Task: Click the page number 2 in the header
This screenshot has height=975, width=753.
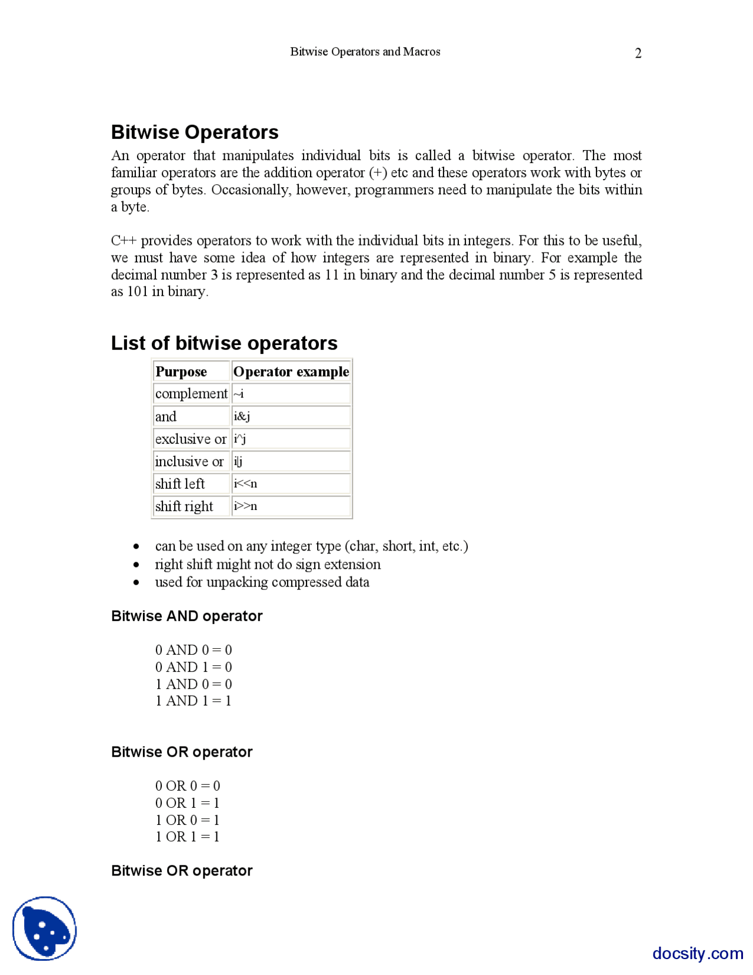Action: [638, 54]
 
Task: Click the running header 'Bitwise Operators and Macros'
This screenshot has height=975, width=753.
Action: [365, 52]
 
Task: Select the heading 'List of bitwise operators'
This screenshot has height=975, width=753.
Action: [224, 343]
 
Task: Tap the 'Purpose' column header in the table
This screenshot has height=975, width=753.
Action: [181, 372]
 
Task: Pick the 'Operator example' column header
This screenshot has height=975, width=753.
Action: [291, 372]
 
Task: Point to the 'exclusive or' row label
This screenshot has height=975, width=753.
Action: [191, 439]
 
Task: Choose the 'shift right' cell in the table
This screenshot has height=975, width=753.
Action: [184, 506]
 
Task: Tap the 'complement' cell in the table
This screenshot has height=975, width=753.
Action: [191, 393]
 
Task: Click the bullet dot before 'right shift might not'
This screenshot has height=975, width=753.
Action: [136, 565]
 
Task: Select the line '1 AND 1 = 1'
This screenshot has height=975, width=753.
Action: [193, 701]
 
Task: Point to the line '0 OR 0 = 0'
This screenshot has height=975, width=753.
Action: [188, 785]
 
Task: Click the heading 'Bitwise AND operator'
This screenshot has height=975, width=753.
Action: [186, 616]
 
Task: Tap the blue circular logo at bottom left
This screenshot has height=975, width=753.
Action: [45, 928]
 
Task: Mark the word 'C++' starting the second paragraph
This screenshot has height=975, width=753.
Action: [124, 241]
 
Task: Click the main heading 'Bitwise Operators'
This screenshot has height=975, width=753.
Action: [195, 132]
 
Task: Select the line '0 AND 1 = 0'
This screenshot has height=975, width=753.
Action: [194, 667]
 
